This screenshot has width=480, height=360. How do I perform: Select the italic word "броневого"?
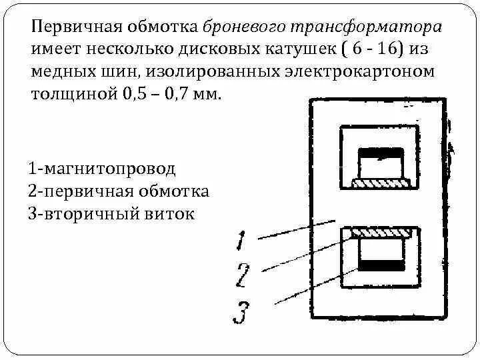click(247, 29)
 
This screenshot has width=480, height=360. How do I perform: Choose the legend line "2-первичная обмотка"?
click(119, 192)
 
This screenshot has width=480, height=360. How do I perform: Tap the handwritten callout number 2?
click(243, 274)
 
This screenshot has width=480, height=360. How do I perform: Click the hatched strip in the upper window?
click(382, 181)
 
